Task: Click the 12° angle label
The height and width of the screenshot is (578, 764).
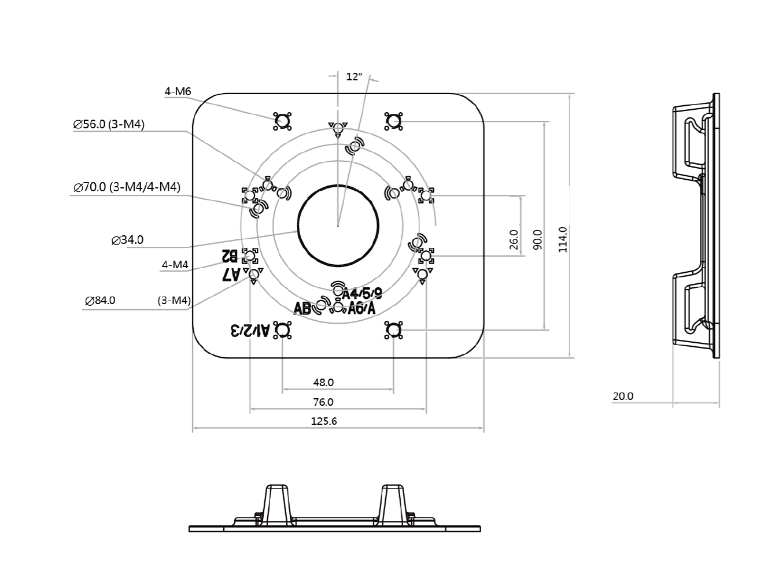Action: pyautogui.click(x=354, y=76)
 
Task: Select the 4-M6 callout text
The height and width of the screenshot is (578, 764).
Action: pyautogui.click(x=178, y=91)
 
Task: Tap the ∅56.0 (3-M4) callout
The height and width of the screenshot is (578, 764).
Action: pyautogui.click(x=109, y=124)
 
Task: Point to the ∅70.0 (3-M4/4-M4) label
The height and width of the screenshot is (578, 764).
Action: pyautogui.click(x=127, y=187)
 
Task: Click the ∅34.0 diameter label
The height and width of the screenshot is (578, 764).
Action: pyautogui.click(x=127, y=240)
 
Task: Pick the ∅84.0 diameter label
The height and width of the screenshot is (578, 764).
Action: pyautogui.click(x=100, y=301)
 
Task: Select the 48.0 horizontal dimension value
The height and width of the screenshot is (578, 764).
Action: pyautogui.click(x=323, y=383)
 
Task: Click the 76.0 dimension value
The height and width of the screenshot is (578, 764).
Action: pyautogui.click(x=323, y=402)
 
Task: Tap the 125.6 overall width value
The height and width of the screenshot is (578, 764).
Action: pyautogui.click(x=324, y=421)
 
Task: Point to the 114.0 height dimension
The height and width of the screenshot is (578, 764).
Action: pyautogui.click(x=562, y=239)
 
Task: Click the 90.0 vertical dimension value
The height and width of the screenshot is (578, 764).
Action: pyautogui.click(x=537, y=239)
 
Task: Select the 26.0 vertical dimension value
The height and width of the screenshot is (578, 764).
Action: pyautogui.click(x=514, y=239)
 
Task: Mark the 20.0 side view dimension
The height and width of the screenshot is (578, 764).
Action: pyautogui.click(x=623, y=397)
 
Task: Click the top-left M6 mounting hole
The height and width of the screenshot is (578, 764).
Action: pyautogui.click(x=282, y=121)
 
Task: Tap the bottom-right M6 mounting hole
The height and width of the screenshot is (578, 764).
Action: pyautogui.click(x=393, y=330)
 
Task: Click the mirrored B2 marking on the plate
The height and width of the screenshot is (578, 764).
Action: pyautogui.click(x=230, y=255)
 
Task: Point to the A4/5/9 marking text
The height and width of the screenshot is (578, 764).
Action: pyautogui.click(x=363, y=293)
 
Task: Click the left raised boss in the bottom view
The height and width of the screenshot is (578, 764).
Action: pyautogui.click(x=276, y=505)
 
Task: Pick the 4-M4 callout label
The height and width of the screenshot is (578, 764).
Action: pyautogui.click(x=175, y=265)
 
